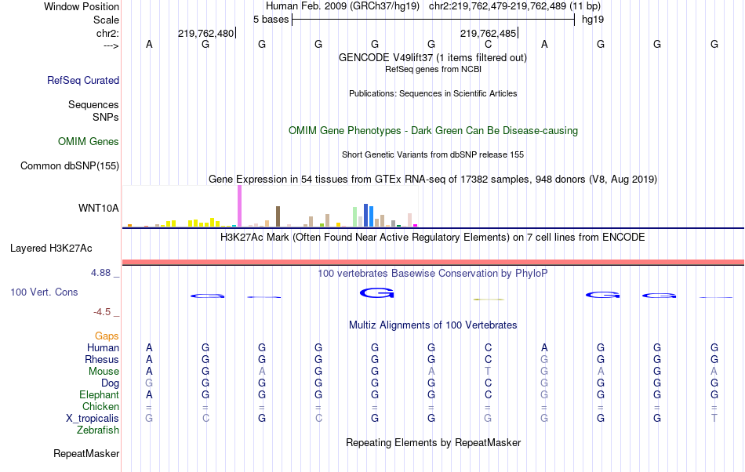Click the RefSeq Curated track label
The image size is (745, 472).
83,80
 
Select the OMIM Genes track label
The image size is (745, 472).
89,142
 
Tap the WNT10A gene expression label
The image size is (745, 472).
99,208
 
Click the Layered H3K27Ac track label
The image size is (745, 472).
51,249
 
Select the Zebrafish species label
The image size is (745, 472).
98,430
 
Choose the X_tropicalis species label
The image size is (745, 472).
93,419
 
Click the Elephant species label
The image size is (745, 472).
99,395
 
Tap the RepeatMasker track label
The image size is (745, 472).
86,453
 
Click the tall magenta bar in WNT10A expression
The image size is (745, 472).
239,206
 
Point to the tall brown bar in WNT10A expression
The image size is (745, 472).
278,216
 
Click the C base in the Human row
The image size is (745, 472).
488,347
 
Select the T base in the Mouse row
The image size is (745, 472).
488,372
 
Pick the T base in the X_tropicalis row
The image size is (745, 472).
714,419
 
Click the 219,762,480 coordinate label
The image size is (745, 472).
205,34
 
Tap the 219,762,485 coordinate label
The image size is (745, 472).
488,34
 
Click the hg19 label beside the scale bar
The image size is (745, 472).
592,19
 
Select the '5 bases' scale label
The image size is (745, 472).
271,19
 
